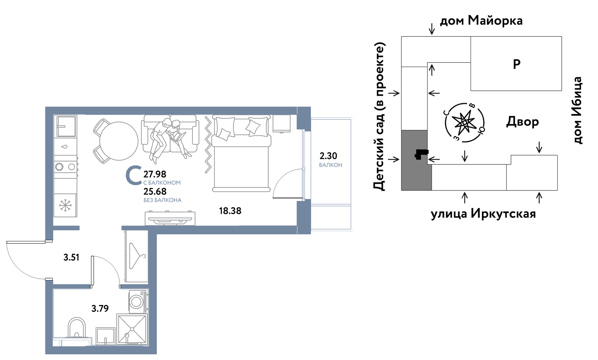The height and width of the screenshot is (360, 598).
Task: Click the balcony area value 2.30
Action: [x=328, y=156]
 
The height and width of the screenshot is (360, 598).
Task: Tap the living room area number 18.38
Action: [x=230, y=211]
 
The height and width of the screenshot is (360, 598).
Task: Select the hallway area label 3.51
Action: [x=71, y=257]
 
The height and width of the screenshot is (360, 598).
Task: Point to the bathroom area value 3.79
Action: [x=100, y=308]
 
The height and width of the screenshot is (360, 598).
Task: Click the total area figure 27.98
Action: [x=155, y=174]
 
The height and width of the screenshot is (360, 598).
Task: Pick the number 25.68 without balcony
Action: [x=155, y=191]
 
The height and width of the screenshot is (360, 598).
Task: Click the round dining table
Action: [x=119, y=141]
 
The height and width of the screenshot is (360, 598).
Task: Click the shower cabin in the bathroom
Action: [x=132, y=329]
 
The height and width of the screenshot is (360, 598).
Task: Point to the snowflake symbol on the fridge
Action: [x=65, y=205]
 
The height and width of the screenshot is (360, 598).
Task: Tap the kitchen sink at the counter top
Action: [x=65, y=126]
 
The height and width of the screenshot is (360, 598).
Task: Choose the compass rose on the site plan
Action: [x=464, y=123]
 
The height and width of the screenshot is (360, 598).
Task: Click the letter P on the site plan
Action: [x=517, y=64]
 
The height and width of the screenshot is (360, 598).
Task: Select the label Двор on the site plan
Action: [x=522, y=122]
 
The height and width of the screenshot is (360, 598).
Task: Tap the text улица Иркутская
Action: [x=483, y=213]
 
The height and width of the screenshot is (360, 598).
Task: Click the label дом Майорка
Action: [x=481, y=21]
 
